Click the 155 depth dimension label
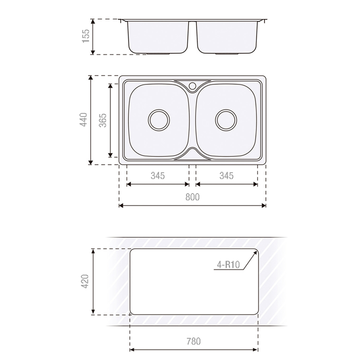click(x=86, y=36)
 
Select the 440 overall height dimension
click(x=84, y=120)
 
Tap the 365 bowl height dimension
click(x=103, y=120)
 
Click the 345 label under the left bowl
click(x=158, y=176)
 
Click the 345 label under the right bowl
click(x=226, y=176)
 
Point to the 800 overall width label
click(x=192, y=197)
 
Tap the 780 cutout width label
click(x=194, y=341)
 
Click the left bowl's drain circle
click(x=159, y=120)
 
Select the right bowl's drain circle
click(x=226, y=120)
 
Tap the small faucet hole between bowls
click(x=192, y=85)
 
